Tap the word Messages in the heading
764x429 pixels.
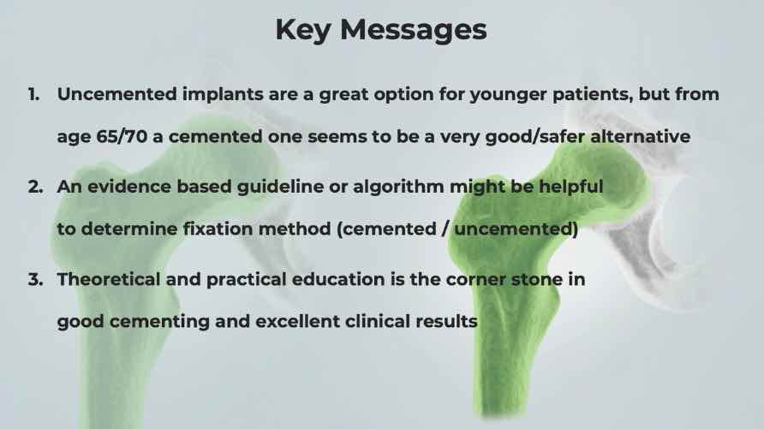click(x=413, y=30)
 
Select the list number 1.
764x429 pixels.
click(x=33, y=94)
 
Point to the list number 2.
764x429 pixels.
click(x=35, y=187)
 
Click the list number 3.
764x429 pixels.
click(x=35, y=279)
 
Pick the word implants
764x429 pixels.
click(x=223, y=95)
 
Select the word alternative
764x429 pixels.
click(x=641, y=136)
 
